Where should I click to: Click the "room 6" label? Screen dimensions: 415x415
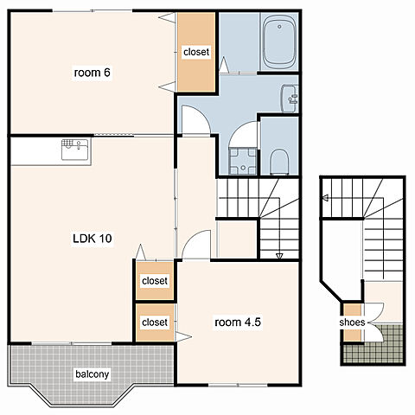[x=92, y=73]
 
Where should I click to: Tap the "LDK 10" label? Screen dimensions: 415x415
[x=93, y=239]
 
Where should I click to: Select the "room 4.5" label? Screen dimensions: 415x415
[x=238, y=322]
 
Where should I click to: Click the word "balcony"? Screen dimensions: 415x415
[x=93, y=374]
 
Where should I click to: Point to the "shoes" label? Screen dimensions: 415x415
[x=352, y=322]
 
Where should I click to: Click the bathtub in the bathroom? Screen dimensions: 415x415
[x=279, y=41]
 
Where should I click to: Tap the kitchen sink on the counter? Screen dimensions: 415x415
[x=75, y=150]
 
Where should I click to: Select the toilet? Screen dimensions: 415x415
[x=279, y=162]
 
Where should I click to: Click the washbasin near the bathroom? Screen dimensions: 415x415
[x=290, y=99]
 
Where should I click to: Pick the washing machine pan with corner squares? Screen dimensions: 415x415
[x=243, y=161]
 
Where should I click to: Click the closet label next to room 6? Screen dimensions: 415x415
[x=196, y=52]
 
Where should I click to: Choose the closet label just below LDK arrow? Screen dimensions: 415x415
[x=155, y=281]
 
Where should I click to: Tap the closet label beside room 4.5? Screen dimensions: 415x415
[x=155, y=322]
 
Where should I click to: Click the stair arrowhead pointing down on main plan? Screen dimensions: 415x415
[x=279, y=256]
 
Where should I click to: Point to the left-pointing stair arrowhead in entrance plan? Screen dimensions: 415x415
[x=326, y=198]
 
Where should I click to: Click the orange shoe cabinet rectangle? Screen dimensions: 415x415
[x=352, y=322]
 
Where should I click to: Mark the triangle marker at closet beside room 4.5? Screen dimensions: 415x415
[x=183, y=336]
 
